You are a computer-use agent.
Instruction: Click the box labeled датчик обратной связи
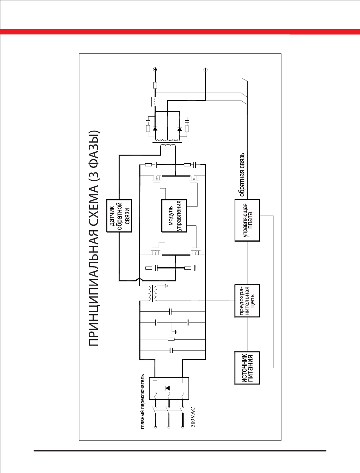[119, 216]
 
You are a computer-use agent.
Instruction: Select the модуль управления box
[174, 216]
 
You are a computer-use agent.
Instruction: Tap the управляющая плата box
[247, 220]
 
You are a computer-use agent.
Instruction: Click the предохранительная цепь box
[247, 301]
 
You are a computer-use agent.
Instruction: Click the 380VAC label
[193, 417]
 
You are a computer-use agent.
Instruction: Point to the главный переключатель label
[143, 402]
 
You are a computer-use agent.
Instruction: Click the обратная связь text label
[242, 175]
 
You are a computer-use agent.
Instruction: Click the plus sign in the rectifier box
[155, 381]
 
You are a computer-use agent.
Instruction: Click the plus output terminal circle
[155, 70]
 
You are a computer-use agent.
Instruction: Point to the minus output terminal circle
[205, 70]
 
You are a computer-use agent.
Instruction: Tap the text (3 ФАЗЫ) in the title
[94, 153]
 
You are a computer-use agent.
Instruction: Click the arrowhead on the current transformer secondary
[167, 286]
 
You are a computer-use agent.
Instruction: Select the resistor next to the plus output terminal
[155, 85]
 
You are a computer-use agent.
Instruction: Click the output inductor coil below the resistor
[155, 101]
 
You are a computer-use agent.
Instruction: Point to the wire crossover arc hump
[139, 280]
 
